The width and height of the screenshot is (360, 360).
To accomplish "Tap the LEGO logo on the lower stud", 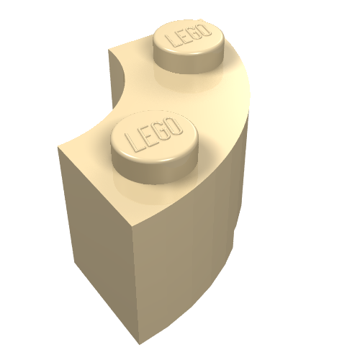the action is pyautogui.click(x=153, y=135).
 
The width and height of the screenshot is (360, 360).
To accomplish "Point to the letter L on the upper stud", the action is pyautogui.click(x=171, y=40).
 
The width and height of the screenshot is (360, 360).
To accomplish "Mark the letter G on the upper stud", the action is pyautogui.click(x=194, y=34).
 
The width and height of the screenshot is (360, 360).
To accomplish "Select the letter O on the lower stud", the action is pyautogui.click(x=175, y=127).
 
